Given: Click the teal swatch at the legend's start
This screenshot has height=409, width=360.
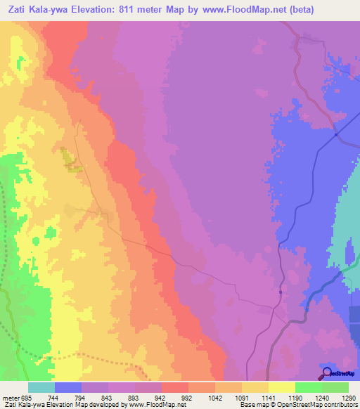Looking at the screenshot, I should (x=41, y=387).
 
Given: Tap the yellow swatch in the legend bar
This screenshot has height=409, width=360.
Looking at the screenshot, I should (x=281, y=387).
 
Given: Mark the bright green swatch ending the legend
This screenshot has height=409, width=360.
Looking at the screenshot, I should (x=335, y=387).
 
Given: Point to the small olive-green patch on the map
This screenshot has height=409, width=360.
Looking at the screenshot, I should (x=70, y=160).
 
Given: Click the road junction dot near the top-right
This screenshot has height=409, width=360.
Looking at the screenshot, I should (x=337, y=134).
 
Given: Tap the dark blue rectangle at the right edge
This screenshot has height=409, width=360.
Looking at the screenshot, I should (x=354, y=313).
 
